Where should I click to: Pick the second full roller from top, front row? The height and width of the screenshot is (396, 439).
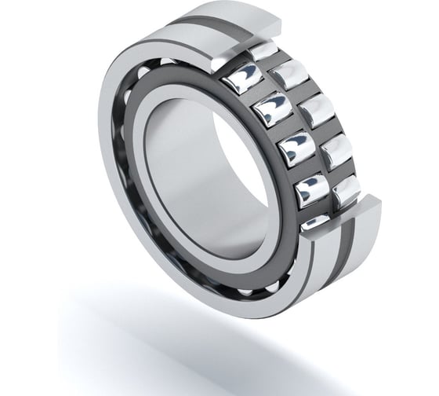tap(271, 109)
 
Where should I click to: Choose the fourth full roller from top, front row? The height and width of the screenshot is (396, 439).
tap(309, 188)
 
